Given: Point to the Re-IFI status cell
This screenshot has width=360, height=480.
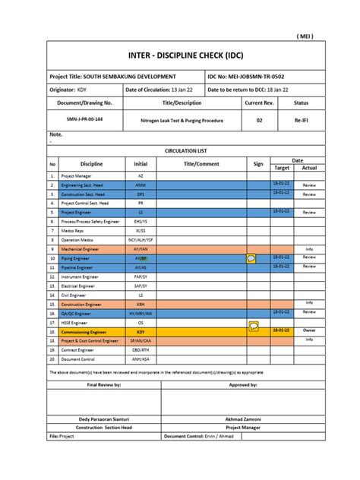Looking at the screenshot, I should pyautogui.click(x=301, y=120).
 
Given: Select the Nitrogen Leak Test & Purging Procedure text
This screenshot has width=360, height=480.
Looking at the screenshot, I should pyautogui.click(x=182, y=120).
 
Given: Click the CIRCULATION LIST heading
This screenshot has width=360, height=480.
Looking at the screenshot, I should pyautogui.click(x=180, y=151).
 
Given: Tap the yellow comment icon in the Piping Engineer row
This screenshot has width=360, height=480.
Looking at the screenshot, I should pyautogui.click(x=252, y=259).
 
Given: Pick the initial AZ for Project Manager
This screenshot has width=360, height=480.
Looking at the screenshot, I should pyautogui.click(x=141, y=175).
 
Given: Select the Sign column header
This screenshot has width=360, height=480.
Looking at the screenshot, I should pyautogui.click(x=258, y=164).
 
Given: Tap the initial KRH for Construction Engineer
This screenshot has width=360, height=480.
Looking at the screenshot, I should pyautogui.click(x=141, y=304).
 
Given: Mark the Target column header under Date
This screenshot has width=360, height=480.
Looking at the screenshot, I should pyautogui.click(x=281, y=168).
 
